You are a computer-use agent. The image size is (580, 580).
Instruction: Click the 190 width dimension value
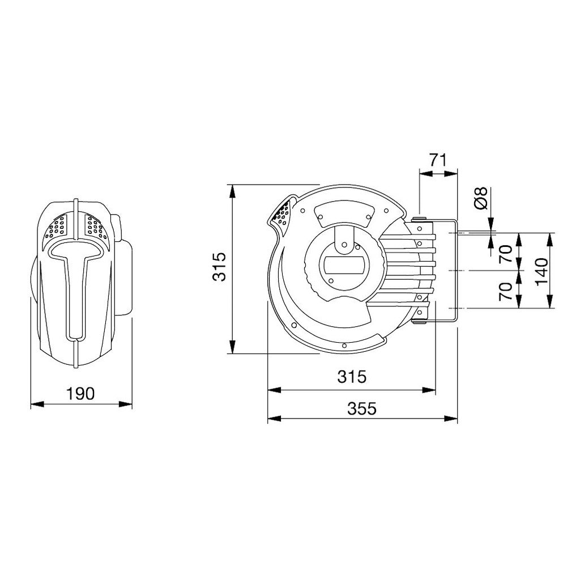[80, 393]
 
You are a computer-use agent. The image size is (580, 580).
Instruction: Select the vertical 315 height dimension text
[219, 266]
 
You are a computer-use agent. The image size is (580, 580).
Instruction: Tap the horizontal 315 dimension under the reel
[352, 376]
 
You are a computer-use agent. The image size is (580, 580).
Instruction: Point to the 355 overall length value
[361, 408]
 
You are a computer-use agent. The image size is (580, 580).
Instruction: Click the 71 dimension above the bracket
[438, 160]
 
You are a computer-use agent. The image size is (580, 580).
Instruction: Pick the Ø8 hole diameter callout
[480, 198]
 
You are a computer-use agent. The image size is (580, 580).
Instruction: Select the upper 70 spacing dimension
[506, 251]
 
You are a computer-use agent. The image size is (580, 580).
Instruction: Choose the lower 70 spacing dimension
[506, 289]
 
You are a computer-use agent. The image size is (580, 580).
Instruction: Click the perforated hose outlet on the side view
[282, 214]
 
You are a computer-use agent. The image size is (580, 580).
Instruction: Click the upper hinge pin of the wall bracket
[419, 220]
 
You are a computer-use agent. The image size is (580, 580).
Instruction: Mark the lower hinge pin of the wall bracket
[420, 323]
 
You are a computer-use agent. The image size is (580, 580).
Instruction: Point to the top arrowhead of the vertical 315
[231, 189]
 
